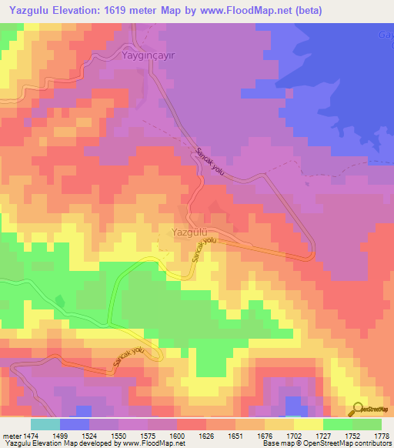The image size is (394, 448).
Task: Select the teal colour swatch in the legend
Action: pyautogui.click(x=45, y=424)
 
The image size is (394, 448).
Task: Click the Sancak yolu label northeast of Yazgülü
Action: pyautogui.click(x=209, y=162)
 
